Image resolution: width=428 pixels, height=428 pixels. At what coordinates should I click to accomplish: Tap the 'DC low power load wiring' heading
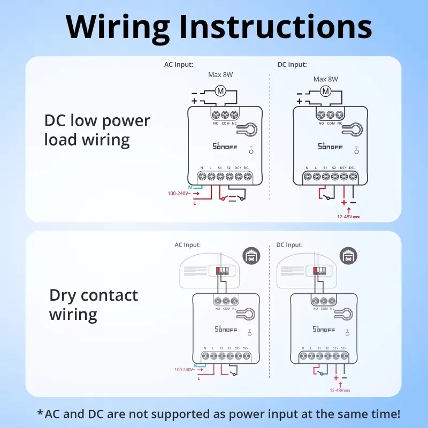tap(97, 130)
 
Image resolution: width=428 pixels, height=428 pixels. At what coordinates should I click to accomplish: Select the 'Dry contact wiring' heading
tap(93, 304)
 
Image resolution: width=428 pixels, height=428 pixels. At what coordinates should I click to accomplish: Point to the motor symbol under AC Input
tap(220, 91)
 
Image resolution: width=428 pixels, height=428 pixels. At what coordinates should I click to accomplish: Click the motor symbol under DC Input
tap(325, 91)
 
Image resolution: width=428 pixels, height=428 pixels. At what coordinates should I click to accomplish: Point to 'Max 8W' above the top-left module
tap(220, 75)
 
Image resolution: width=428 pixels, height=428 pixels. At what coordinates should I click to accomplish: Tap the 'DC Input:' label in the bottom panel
tap(289, 245)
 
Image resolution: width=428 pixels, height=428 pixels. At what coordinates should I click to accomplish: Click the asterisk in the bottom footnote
tap(40, 412)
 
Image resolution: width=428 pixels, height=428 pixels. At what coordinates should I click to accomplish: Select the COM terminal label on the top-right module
tap(331, 123)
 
